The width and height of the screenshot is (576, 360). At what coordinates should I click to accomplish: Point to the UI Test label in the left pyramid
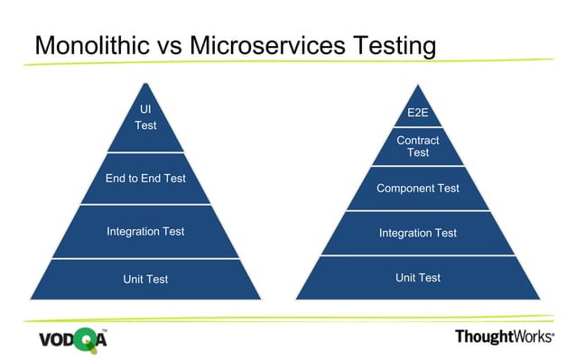click(145, 117)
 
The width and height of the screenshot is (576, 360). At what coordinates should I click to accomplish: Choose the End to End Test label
click(145, 179)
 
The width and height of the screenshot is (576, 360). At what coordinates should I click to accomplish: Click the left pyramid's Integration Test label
click(145, 232)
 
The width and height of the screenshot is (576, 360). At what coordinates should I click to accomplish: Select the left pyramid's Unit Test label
click(145, 280)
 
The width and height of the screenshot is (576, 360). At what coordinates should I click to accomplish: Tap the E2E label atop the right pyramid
click(417, 112)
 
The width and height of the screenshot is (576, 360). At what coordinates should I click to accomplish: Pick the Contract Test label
click(417, 146)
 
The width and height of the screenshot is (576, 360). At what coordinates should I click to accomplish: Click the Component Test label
click(417, 189)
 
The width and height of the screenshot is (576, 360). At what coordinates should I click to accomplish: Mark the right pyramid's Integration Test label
click(417, 233)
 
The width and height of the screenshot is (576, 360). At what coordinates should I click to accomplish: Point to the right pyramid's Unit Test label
click(417, 278)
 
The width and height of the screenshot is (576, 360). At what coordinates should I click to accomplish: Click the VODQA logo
click(71, 340)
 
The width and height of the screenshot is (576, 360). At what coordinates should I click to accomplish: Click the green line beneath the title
click(289, 62)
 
